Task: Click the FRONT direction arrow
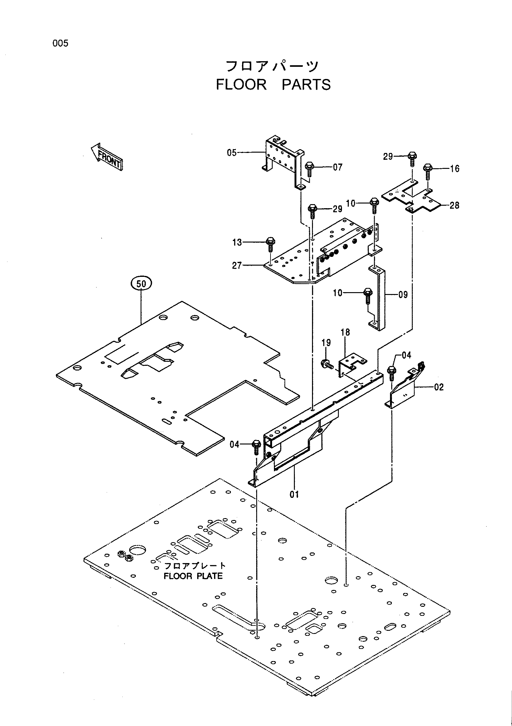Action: pos(107,157)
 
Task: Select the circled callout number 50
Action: pos(141,284)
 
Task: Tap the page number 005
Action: pos(60,43)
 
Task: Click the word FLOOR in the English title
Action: pos(241,85)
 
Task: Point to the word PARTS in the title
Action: pos(306,85)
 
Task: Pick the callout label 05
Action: pos(232,153)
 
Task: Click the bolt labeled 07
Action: pos(309,169)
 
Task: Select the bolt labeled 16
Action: pos(428,171)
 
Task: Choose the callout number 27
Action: pos(237,266)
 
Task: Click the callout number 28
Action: pos(454,205)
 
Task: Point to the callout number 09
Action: pos(403,295)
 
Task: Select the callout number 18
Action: pos(345,332)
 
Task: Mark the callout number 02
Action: pos(439,387)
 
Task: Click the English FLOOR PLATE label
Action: pos(193,576)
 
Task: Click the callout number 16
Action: pos(455,169)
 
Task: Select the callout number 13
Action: pos(237,243)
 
